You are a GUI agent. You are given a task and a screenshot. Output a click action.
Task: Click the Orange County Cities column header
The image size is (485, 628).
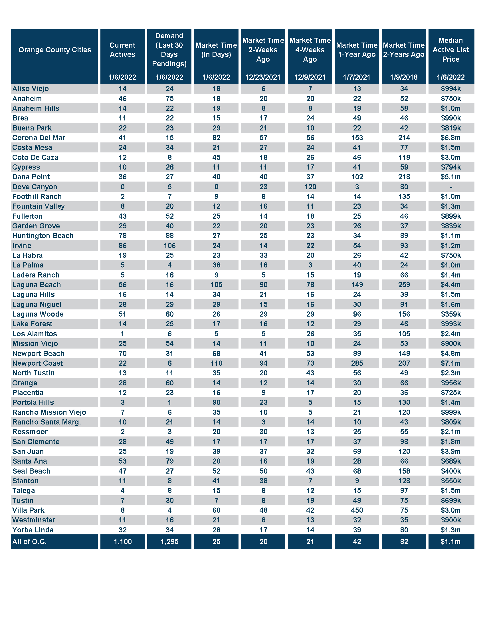pos(54,50)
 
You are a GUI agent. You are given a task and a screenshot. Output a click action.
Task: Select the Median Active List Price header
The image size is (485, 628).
pos(451,50)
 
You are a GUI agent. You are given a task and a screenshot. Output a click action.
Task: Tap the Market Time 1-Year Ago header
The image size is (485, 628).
pos(357,50)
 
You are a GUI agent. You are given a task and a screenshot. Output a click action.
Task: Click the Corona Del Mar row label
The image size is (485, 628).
pos(39,138)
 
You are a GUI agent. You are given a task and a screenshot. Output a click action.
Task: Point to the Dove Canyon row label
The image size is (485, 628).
pos(35,187)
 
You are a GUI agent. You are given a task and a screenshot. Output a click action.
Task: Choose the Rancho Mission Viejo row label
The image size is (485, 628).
pos(49,412)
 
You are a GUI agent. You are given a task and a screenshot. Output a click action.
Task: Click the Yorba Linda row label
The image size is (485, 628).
pos(33,530)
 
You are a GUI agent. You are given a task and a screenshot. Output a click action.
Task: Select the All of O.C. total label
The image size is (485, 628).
pos(29,542)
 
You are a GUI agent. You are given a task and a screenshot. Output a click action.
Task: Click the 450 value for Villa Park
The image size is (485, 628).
pos(357,510)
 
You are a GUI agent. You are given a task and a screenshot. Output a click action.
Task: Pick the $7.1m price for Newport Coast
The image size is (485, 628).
pos(451,363)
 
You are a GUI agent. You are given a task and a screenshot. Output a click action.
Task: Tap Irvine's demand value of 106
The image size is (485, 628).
pos(170,246)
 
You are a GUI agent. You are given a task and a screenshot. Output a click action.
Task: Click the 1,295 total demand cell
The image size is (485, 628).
pos(169,542)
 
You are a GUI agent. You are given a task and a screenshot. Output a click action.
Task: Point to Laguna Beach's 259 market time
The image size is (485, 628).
pos(404,285)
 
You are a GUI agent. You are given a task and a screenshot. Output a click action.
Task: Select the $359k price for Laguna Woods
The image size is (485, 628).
pos(451,314)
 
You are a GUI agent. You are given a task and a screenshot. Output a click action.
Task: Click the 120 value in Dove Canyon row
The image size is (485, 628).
pos(310,187)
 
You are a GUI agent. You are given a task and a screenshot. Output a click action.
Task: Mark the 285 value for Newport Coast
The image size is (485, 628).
pos(357,363)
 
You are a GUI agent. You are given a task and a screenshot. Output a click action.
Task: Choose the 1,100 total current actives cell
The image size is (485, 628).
pos(123,542)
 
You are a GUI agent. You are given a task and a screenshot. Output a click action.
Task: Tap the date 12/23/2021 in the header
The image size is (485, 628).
pos(263,77)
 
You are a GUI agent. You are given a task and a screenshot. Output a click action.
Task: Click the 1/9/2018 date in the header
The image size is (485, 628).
pos(404,77)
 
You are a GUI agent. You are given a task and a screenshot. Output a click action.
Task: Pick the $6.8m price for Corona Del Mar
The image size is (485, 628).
pos(451,138)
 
